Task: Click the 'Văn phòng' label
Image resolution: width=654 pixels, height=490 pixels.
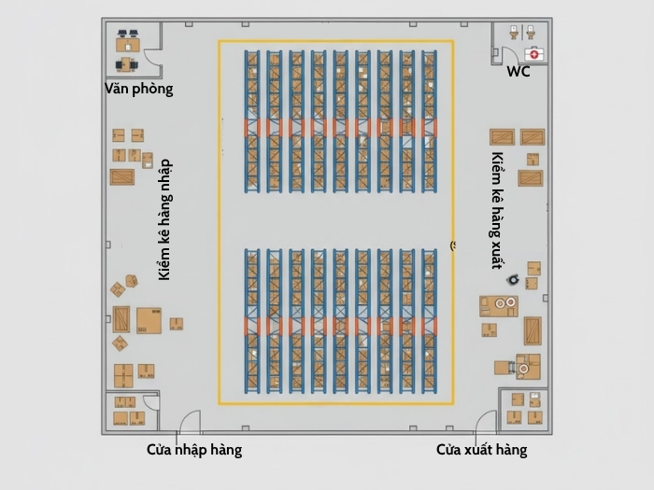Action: pos(138,90)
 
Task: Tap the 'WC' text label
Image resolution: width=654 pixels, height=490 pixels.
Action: pos(518,72)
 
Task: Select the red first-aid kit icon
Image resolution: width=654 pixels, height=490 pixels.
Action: pos(533,53)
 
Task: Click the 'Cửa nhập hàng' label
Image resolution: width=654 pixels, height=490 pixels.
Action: pos(194,450)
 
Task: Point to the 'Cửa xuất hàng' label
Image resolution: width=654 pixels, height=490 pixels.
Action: pos(481,450)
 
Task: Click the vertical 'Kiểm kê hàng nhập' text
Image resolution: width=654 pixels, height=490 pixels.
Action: pos(165,219)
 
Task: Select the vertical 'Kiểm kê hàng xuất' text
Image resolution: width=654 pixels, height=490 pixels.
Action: pos(498,210)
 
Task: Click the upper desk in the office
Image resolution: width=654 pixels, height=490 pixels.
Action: pos(127,42)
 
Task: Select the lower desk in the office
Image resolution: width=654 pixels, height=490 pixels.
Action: pos(126,63)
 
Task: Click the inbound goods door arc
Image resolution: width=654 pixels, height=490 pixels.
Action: pos(190,423)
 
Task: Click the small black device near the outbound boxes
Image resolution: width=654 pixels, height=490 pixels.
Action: pos(513,279)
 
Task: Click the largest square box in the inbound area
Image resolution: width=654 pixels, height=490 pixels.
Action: pos(149,320)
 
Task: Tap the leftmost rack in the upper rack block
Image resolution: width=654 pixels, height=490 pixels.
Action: pos(251,121)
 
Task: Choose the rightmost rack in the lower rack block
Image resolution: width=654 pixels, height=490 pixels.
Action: pos(429,322)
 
